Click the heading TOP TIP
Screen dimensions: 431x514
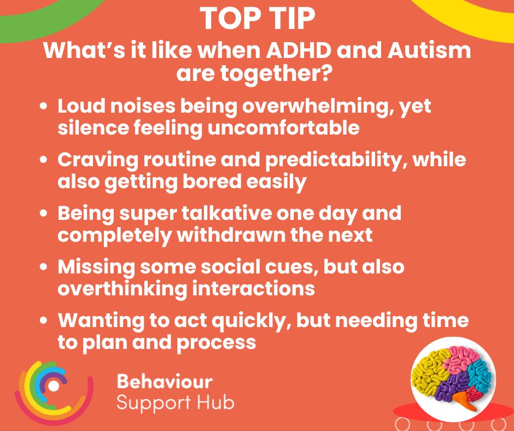257,19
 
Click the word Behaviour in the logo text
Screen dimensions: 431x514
165,381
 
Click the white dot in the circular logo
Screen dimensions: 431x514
53,386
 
